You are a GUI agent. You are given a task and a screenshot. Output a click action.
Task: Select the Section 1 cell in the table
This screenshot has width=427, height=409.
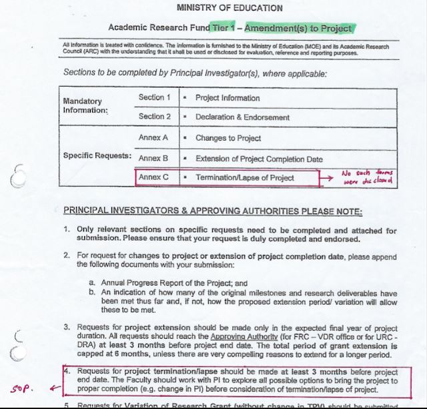coord(155,97)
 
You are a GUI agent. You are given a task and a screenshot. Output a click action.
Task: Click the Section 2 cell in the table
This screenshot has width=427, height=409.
coord(155,117)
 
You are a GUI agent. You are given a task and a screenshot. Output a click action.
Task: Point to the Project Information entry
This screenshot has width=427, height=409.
coord(228,98)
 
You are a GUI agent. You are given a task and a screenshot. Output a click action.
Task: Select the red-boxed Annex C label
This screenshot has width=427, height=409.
coord(154,178)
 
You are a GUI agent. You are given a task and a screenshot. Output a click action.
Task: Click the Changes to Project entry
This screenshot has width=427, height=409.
coord(229,139)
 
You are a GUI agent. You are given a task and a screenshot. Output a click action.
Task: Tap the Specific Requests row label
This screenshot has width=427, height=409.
coord(97,155)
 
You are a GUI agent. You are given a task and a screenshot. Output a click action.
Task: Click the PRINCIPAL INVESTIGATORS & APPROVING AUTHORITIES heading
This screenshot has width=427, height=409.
coord(212,212)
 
